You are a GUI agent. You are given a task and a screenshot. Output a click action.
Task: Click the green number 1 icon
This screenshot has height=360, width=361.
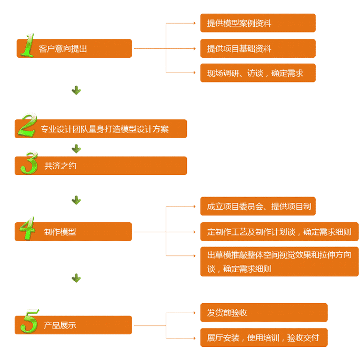pos(26,45)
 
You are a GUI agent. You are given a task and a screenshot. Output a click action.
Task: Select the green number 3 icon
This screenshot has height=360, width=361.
pos(28,163)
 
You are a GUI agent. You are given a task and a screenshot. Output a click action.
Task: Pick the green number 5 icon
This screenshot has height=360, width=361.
pos(28,321)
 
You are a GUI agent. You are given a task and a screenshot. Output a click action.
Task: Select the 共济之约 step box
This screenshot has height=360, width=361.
pos(105,166)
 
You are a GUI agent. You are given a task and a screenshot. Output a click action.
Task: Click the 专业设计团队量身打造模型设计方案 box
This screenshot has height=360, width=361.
pos(105,129)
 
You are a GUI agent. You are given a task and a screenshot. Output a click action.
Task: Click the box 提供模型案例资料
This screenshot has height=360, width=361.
pos(257,23)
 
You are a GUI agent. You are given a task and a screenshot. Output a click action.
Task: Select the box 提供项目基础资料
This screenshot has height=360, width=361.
pos(257,48)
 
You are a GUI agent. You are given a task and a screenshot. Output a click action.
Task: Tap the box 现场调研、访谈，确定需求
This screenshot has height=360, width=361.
pos(257,73)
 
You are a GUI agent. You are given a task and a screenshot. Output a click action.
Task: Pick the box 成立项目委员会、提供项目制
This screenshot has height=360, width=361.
pos(257,206)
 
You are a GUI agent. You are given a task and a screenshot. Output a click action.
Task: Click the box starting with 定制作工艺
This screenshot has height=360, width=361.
pos(279,231)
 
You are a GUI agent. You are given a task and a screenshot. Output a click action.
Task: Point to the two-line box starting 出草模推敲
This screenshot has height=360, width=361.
pos(279,261)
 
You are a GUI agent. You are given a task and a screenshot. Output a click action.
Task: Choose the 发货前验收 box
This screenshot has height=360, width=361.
pos(263,313)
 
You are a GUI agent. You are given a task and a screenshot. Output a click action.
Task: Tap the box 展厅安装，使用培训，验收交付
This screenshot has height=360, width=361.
pos(263,337)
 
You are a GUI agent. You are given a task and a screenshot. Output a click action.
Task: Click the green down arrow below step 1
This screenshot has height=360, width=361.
pos(76,90)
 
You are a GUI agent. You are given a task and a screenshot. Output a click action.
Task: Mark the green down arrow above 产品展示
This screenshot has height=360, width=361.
pos(76,277)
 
